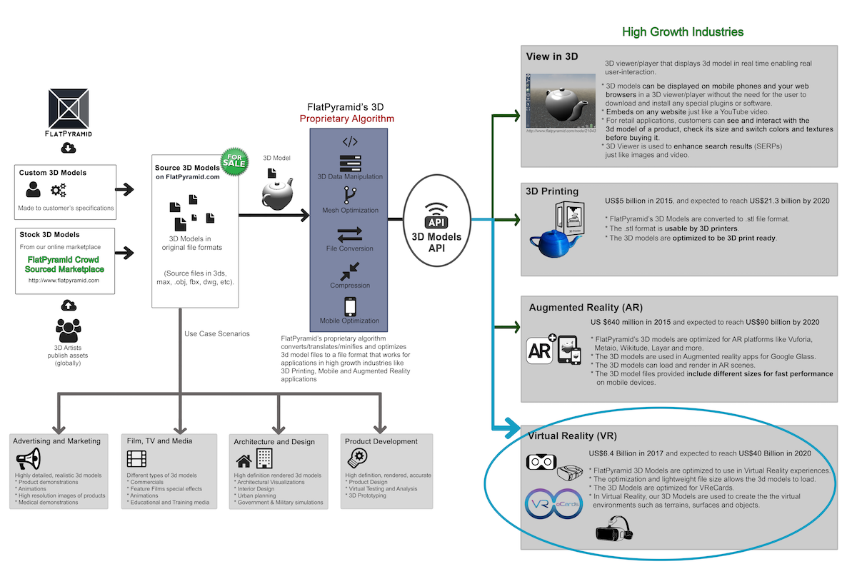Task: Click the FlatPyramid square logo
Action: click(69, 108)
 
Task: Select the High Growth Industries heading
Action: click(683, 31)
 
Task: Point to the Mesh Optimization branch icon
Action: click(350, 195)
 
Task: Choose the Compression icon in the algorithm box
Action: click(350, 271)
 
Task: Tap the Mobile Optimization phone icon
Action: click(350, 306)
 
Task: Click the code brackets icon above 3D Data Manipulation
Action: click(350, 141)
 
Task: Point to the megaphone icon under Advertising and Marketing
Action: click(29, 458)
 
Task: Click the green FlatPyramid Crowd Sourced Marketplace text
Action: click(65, 264)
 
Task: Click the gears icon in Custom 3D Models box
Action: click(59, 190)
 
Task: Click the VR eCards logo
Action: click(553, 503)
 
